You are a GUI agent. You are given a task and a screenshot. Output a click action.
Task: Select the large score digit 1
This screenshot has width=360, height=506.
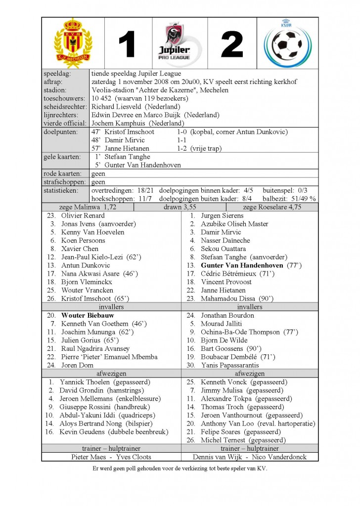(127, 45)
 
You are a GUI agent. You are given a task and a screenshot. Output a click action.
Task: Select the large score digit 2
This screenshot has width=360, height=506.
(232, 45)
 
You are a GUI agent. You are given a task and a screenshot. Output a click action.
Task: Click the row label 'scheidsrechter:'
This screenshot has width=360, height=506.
(66, 107)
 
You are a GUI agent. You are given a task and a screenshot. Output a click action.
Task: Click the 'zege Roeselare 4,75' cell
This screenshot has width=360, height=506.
(271, 207)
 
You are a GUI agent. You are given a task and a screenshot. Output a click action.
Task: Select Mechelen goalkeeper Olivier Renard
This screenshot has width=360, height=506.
(83, 215)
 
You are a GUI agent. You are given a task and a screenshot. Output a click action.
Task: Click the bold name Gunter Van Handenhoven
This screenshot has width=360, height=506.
(242, 265)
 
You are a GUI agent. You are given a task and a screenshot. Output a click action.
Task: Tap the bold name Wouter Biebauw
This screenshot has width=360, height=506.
(88, 315)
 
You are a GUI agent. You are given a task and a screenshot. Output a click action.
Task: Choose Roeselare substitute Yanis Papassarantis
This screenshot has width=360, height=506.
(230, 365)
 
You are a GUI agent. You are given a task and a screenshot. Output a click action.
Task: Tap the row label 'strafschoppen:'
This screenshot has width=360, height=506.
(64, 182)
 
